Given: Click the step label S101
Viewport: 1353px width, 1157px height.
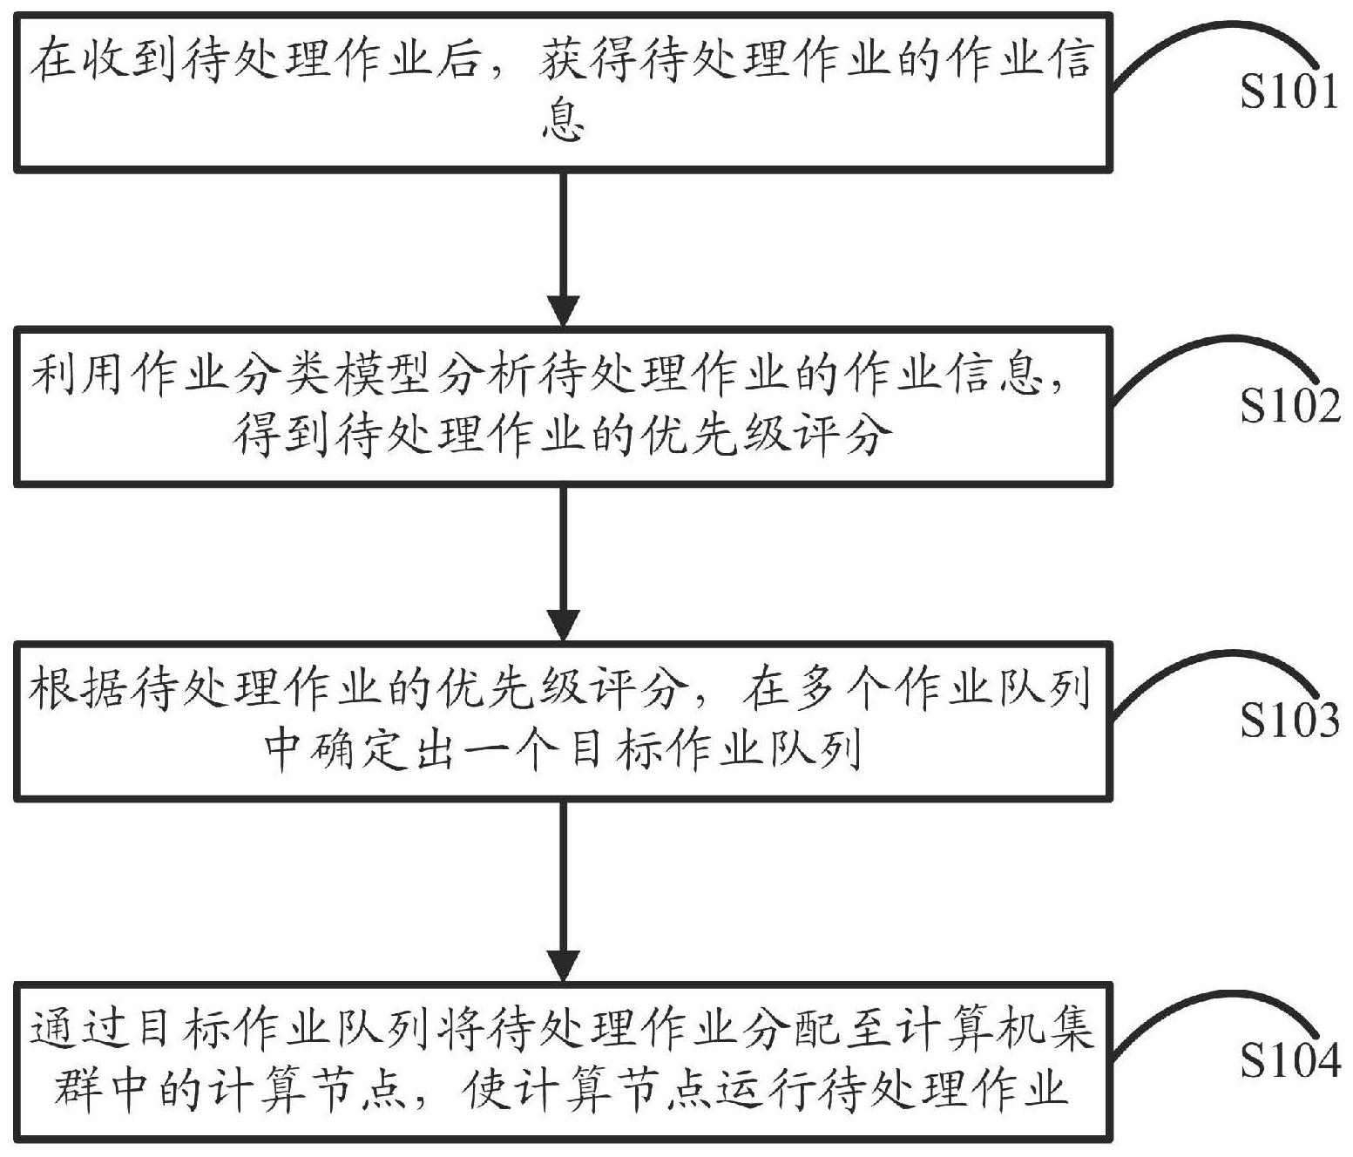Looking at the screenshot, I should coord(1289,91).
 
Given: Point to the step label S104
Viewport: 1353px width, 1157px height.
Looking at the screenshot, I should coord(1289,1059).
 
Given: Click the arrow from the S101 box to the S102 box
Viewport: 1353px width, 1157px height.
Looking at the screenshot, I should coord(565,248).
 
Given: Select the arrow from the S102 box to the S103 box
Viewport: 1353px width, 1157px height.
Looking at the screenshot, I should coord(565,562).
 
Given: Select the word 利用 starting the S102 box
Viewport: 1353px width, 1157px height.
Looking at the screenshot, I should coord(76,377).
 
